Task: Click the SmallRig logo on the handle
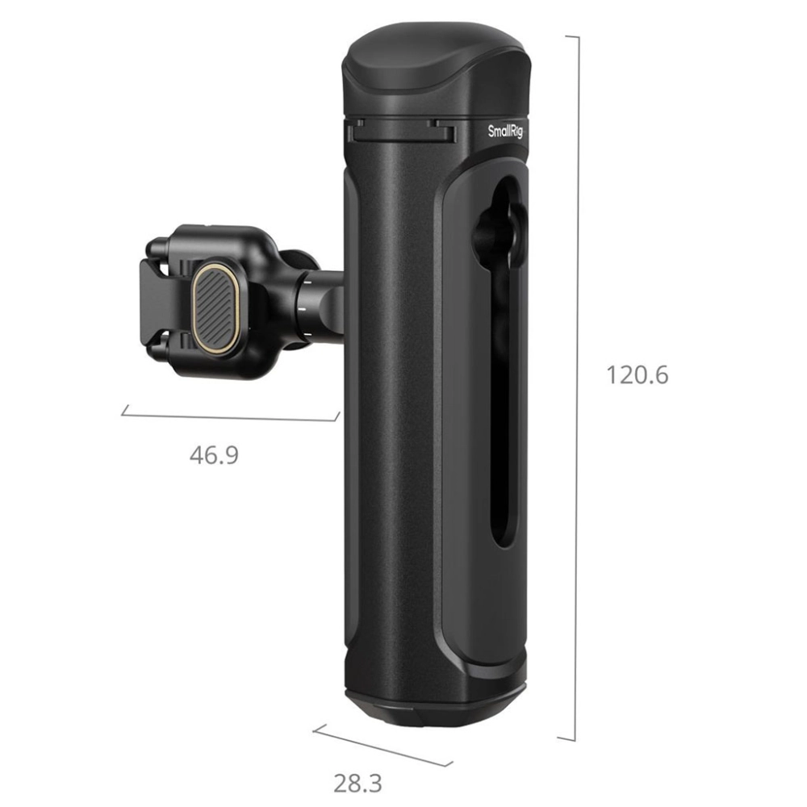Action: tap(505, 132)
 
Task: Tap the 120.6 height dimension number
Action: tap(638, 374)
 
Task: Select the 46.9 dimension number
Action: tap(214, 455)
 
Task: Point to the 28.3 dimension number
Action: tap(358, 784)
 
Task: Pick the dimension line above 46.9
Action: tap(230, 416)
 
